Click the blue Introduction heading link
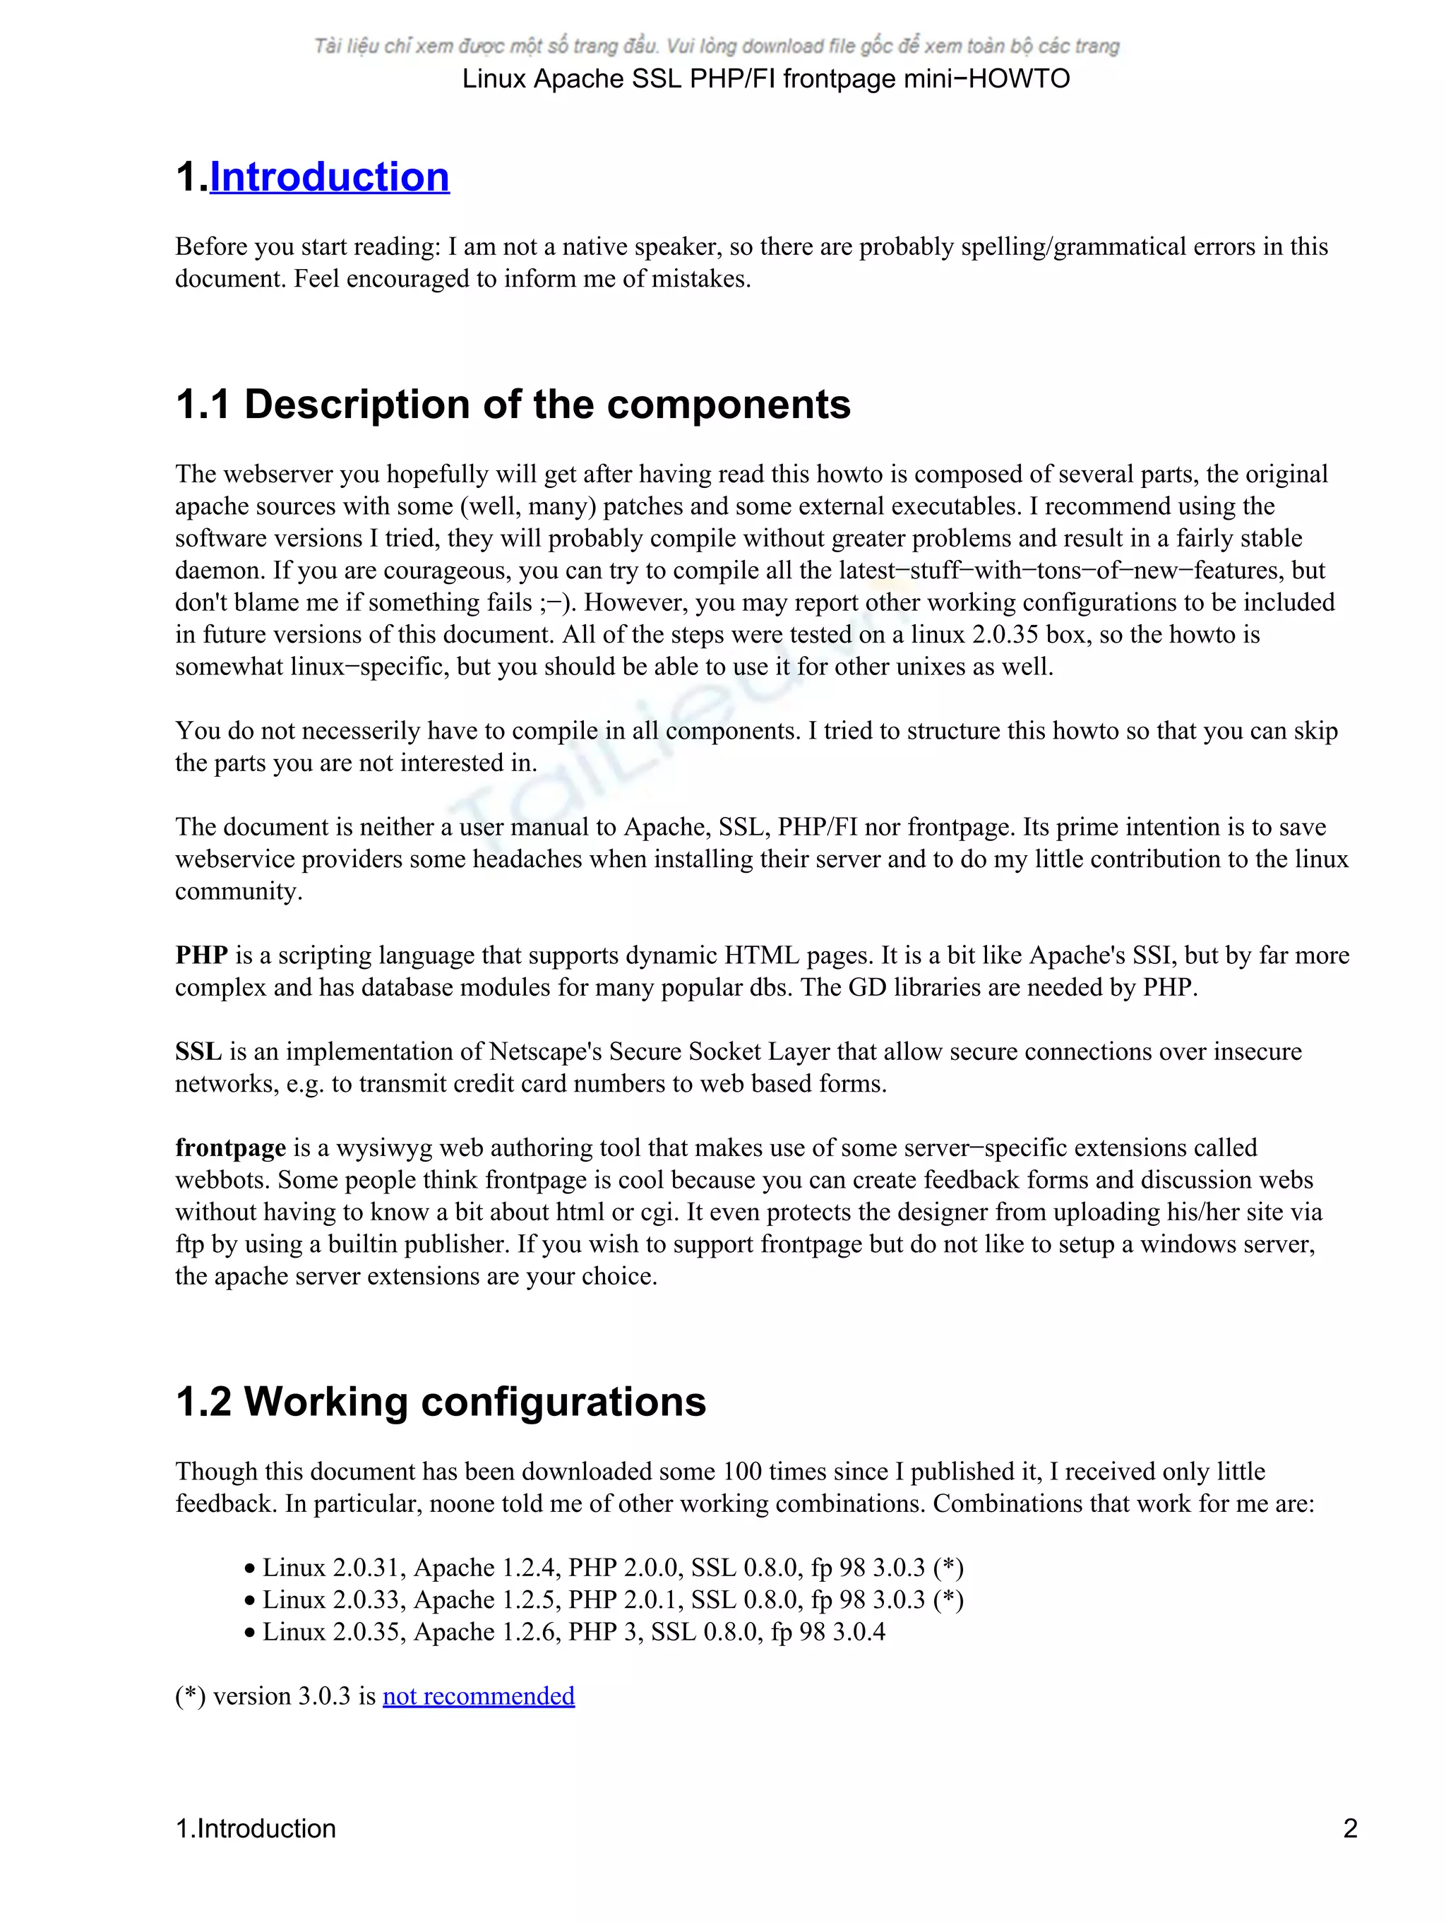[x=329, y=177]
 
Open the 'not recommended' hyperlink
[x=478, y=1695]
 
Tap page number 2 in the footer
[x=1349, y=1828]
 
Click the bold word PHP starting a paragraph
[x=201, y=955]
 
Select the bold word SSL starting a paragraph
[x=198, y=1051]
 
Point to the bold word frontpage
[x=231, y=1148]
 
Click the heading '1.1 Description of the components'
[x=513, y=405]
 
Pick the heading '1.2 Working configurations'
[x=441, y=1402]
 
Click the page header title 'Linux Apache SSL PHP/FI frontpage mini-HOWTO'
[x=765, y=79]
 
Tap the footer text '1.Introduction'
[x=255, y=1828]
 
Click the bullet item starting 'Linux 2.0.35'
[x=573, y=1632]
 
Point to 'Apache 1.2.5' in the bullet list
[x=486, y=1599]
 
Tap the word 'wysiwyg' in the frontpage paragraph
[x=383, y=1148]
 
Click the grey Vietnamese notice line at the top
[x=716, y=46]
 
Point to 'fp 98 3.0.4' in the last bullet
[x=827, y=1632]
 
